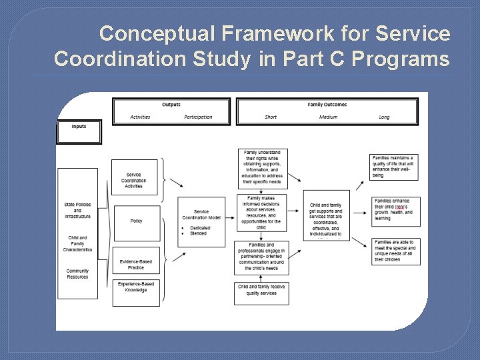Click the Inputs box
tap(79, 131)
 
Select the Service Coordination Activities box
tap(134, 177)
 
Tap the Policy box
tap(136, 221)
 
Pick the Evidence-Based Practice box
tap(136, 264)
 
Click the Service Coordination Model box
tap(201, 221)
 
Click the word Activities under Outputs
tap(140, 117)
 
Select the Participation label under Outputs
tap(198, 117)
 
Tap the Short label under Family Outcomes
tap(271, 117)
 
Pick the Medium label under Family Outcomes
tap(328, 117)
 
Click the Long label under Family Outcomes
tap(384, 117)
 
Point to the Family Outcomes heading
tap(327, 105)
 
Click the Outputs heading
tap(171, 105)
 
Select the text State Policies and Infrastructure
tap(78, 210)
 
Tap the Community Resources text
tap(77, 274)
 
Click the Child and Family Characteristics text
tap(77, 243)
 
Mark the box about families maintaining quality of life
tap(395, 167)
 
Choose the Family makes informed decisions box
tap(261, 213)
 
